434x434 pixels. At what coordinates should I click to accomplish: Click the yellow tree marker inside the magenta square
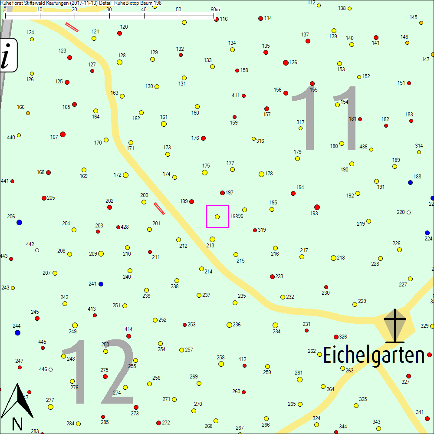tap(217, 217)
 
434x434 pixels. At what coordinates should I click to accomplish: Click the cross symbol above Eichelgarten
tap(395, 325)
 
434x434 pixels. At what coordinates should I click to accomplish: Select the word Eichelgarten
tap(374, 356)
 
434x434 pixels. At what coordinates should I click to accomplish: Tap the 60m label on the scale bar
tap(215, 10)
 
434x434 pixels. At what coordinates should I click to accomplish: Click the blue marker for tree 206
tap(19, 222)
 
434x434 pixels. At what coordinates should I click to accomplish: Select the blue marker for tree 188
tap(410, 182)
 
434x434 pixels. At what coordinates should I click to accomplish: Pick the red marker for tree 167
tap(62, 135)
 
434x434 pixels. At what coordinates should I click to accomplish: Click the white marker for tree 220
tap(408, 213)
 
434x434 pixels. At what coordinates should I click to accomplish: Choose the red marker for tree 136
tap(286, 62)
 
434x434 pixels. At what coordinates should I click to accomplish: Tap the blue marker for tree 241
tap(101, 284)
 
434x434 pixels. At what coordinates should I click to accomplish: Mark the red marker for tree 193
tap(317, 207)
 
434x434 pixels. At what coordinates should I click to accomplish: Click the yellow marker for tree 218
tap(333, 258)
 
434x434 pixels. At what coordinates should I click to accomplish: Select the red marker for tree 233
tap(272, 276)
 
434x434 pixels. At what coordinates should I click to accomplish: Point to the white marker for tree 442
tap(37, 250)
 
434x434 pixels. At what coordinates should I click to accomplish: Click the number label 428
tap(125, 227)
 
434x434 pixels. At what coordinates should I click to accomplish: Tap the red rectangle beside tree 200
tap(159, 208)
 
